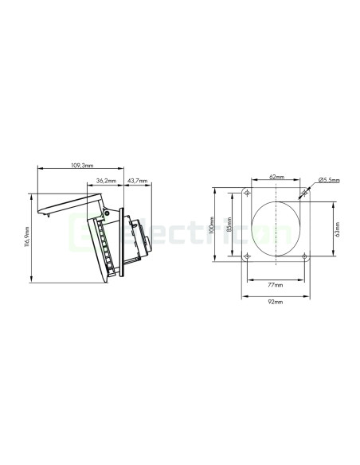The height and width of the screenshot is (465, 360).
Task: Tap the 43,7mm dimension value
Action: pos(138,181)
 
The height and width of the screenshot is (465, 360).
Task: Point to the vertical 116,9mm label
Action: pos(27,236)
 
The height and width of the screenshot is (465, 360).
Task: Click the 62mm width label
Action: pos(276,177)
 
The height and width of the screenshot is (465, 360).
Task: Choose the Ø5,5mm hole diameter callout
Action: pos(328,181)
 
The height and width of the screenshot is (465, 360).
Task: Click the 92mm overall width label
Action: pos(276,303)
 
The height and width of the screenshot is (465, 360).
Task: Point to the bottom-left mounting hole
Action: pos(248,256)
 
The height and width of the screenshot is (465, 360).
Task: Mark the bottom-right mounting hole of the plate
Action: pos(303,256)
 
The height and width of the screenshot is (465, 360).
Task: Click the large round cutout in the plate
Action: pos(276,227)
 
